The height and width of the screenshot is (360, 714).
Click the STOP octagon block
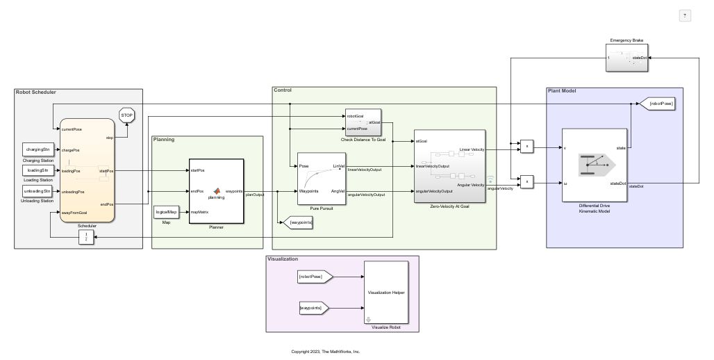point(126,115)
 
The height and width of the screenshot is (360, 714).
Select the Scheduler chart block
point(88,170)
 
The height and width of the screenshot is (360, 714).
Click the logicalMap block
point(166,211)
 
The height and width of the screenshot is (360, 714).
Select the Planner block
point(216,191)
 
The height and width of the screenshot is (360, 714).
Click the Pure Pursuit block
point(321,178)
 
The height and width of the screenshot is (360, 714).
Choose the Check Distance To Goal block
point(363,122)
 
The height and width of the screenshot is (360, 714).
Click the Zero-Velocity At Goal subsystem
point(449,166)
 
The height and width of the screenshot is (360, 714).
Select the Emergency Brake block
point(627,58)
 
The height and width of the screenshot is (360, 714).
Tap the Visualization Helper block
point(388,292)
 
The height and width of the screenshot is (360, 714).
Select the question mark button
point(685,16)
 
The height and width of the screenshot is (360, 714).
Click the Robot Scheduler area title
point(35,92)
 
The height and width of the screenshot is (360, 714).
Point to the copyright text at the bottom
point(325,352)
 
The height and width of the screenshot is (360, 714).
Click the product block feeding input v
point(527,146)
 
